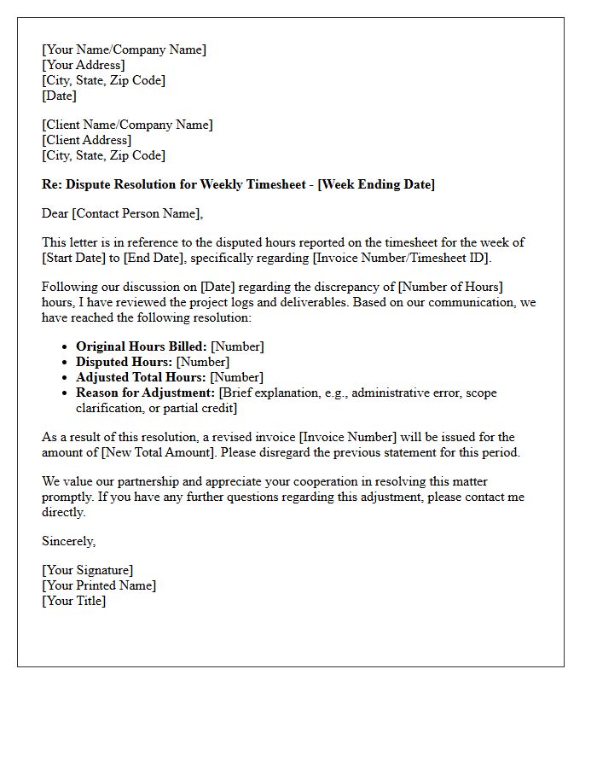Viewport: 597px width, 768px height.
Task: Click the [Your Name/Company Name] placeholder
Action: click(x=124, y=49)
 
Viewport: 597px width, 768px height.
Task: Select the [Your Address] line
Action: click(x=83, y=65)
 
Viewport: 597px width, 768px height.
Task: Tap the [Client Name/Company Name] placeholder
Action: click(x=127, y=125)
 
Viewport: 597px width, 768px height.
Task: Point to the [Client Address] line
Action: click(x=86, y=140)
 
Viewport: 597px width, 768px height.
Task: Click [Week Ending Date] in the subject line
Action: click(x=376, y=184)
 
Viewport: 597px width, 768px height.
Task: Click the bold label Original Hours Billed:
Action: click(x=142, y=346)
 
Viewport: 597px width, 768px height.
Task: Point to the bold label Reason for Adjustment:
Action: click(x=146, y=393)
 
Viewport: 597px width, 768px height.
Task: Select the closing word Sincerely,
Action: click(x=69, y=541)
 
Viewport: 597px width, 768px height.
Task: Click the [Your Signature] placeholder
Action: click(x=87, y=570)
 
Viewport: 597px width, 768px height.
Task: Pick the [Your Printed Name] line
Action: click(x=99, y=585)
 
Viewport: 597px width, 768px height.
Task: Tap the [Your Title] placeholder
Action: click(x=74, y=601)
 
